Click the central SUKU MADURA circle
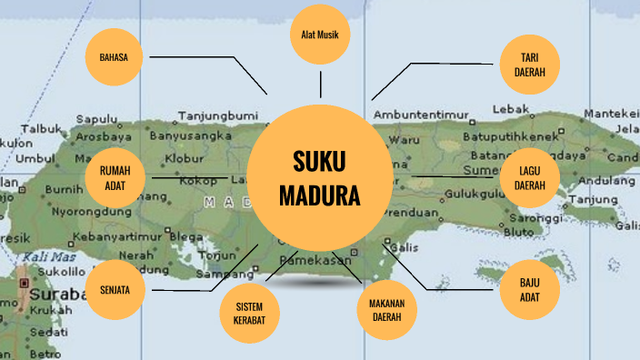[x=319, y=178]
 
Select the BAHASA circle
[x=115, y=57]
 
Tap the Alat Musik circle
[x=319, y=35]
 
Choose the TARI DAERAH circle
[x=530, y=65]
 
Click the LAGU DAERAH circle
[x=530, y=177]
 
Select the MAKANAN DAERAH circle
[x=386, y=310]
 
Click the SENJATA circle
[x=115, y=291]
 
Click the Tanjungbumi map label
[x=217, y=115]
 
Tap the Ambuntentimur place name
[x=420, y=115]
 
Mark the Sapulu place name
[x=97, y=118]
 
